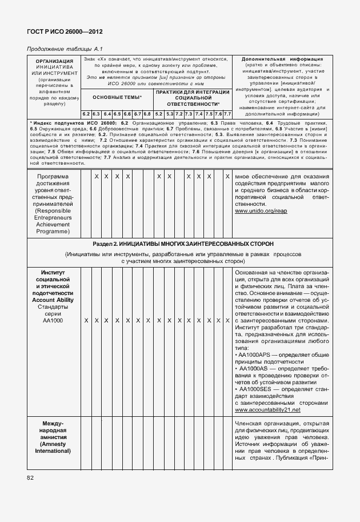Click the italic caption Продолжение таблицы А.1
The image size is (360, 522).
(x=63, y=49)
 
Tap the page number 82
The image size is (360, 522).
(x=30, y=477)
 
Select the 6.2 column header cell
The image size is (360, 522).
(x=86, y=114)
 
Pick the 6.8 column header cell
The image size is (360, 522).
(x=147, y=114)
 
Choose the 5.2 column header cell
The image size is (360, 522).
(x=159, y=114)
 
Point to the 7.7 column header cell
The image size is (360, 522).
(x=227, y=114)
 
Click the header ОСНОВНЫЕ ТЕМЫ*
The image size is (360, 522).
(x=117, y=97)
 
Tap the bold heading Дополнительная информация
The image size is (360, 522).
(x=282, y=59)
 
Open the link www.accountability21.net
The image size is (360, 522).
(x=267, y=410)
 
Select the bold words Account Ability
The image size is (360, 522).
(x=53, y=300)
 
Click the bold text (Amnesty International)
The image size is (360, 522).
(x=53, y=447)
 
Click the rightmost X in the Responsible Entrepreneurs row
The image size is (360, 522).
(x=227, y=176)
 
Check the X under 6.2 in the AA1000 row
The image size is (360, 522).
(x=86, y=321)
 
